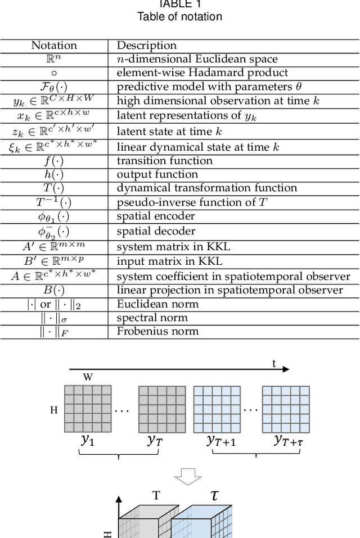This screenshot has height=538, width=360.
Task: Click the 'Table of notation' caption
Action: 179,16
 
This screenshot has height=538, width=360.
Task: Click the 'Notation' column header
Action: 54,46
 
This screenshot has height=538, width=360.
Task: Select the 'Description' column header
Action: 146,46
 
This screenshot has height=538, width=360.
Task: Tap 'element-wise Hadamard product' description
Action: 202,73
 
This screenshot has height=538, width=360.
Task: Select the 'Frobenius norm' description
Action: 157,331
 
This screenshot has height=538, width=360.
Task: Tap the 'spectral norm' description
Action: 152,318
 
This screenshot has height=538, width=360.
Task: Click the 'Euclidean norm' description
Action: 157,304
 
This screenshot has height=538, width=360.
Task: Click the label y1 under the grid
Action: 87,440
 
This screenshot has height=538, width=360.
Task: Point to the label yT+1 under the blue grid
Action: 221,441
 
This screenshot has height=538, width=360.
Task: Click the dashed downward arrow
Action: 187,476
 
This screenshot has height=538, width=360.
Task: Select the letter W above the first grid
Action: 88,377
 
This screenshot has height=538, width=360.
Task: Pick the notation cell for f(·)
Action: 54,161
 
